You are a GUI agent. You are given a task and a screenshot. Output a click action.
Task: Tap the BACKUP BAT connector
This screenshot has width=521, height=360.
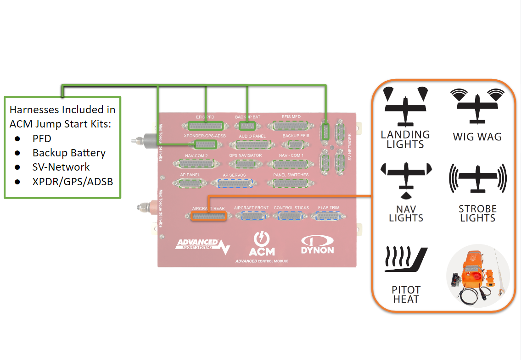coord(247,125)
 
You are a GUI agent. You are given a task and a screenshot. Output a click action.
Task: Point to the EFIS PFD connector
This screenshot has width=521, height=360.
coord(206,125)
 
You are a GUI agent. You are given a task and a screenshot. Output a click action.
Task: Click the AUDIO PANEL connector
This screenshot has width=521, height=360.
coord(252,145)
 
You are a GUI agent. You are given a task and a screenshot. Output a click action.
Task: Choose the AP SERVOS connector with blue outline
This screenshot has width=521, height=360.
coord(234,183)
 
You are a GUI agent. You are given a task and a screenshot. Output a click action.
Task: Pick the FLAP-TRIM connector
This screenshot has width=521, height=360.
coord(329,216)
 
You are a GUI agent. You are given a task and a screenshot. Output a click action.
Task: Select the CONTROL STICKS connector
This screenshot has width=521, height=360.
coord(291,216)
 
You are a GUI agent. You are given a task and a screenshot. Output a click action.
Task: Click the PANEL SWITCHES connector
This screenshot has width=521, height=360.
coord(291,183)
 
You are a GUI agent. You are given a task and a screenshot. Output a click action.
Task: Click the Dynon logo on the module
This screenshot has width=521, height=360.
coord(317,245)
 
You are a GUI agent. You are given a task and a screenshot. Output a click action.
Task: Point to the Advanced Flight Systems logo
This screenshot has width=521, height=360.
coord(202,245)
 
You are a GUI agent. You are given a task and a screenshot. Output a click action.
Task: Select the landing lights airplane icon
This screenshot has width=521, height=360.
coord(405,107)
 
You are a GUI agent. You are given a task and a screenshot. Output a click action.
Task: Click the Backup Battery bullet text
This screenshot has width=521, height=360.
coord(69,153)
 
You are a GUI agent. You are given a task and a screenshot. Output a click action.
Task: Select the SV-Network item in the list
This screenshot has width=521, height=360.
coord(61,167)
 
